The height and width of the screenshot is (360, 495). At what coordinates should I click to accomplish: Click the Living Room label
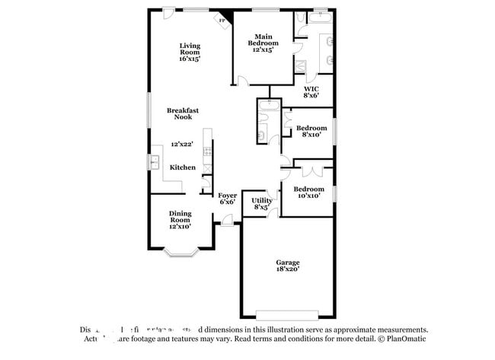(190, 52)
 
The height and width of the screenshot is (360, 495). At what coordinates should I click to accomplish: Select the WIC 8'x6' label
(311, 92)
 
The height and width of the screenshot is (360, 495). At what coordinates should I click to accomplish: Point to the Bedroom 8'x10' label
(311, 131)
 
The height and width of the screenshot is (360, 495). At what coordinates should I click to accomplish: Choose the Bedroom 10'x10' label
(308, 192)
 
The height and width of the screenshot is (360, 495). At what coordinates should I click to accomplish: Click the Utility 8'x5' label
(261, 203)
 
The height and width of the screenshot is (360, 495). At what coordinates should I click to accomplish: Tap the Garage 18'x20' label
(287, 266)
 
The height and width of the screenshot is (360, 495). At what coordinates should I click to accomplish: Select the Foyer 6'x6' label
(228, 199)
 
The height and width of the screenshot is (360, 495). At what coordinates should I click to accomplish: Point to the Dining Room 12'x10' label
(180, 220)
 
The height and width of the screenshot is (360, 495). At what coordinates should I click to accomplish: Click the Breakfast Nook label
(183, 113)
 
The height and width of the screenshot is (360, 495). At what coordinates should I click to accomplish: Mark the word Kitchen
(183, 167)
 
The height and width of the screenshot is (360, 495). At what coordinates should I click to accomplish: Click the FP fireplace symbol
(223, 20)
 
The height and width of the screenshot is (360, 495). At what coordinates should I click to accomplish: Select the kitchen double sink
(155, 163)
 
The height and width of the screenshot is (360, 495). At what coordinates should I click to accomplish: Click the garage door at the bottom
(286, 314)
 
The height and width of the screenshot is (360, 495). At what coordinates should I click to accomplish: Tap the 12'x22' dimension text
(183, 144)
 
